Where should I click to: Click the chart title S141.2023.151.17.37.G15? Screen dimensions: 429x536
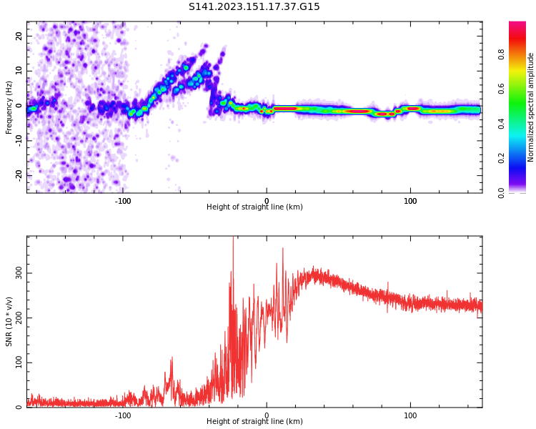tap(254, 7)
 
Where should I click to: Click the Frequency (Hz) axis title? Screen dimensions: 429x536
tap(9, 107)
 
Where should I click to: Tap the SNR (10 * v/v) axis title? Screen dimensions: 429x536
tap(9, 322)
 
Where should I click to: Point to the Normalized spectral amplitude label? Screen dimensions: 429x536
tap(531, 107)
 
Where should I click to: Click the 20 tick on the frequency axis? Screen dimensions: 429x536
tap(19, 36)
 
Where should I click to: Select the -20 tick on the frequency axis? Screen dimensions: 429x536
tap(17, 174)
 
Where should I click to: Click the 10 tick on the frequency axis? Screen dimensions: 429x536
tap(19, 71)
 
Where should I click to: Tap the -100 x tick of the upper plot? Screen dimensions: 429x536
tap(123, 201)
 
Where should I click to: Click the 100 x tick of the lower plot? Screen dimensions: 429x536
tap(410, 415)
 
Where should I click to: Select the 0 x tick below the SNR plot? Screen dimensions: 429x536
tap(267, 415)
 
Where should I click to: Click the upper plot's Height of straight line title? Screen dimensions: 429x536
tap(254, 207)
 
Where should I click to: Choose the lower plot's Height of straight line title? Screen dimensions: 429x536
tap(254, 422)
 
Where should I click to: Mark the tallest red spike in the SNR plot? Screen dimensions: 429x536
tap(233, 239)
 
